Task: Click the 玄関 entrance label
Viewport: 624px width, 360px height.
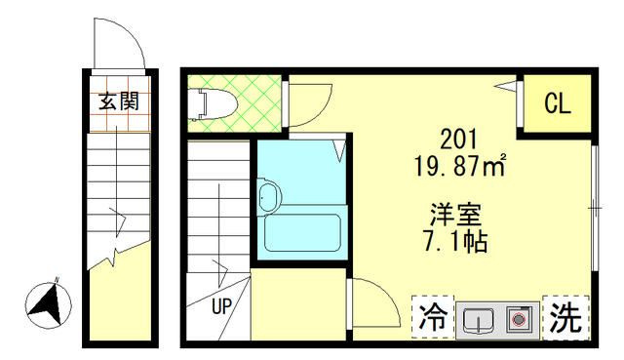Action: click(119, 101)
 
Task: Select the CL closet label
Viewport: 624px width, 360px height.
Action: click(558, 103)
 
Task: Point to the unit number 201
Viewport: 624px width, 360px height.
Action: click(458, 140)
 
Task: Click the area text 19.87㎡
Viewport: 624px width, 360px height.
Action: click(460, 165)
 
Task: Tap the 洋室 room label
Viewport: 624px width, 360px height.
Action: click(455, 215)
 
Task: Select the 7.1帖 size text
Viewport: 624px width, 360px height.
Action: click(455, 241)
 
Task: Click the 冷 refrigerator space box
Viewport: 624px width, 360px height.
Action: click(433, 317)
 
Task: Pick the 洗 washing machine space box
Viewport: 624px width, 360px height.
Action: click(565, 318)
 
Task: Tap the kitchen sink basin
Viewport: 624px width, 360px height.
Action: click(478, 319)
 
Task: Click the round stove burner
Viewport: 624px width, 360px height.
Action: click(518, 319)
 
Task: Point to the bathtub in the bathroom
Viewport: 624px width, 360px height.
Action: click(302, 233)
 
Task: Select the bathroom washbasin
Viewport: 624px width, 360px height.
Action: click(269, 197)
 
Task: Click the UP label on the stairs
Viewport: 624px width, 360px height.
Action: click(221, 306)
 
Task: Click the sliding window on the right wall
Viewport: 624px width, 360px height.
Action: click(595, 208)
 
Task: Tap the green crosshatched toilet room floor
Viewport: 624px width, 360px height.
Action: click(235, 103)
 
